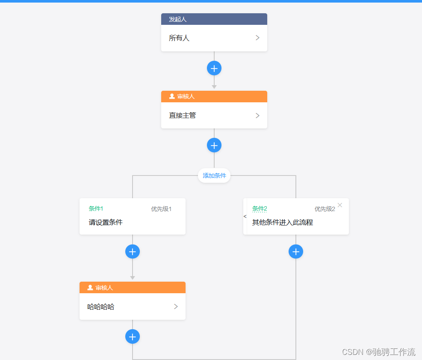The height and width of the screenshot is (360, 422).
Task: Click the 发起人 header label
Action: coord(177,19)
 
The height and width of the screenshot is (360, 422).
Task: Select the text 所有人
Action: coord(179,38)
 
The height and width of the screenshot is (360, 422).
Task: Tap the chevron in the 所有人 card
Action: coord(257,38)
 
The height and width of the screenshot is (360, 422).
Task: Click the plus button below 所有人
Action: coord(214,68)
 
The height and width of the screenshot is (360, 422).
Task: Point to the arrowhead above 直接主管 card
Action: coord(214,87)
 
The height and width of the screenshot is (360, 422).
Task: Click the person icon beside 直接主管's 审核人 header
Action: coord(172,96)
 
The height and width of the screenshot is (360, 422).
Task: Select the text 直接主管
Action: coord(183,116)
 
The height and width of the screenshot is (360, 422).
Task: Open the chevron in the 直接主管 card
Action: coord(257,116)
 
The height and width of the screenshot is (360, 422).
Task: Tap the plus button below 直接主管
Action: coord(214,145)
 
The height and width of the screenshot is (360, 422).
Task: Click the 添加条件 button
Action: coord(214,176)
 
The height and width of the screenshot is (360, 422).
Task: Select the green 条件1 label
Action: coord(96,209)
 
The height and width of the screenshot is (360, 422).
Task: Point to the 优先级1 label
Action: coord(161,209)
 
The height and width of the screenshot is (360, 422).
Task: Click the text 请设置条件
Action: coord(106,223)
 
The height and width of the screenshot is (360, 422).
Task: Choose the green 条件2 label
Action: coord(260,209)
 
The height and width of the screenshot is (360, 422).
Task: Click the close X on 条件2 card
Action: coord(340,205)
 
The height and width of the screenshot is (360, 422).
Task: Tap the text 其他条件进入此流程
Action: coord(283,223)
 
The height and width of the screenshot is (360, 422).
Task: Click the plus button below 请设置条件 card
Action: coord(133,251)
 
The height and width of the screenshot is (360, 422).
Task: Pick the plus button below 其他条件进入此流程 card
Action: coord(296,251)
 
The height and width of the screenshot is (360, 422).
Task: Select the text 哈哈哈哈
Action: coord(101,307)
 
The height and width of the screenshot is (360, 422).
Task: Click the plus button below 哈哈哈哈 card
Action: coord(133,337)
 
